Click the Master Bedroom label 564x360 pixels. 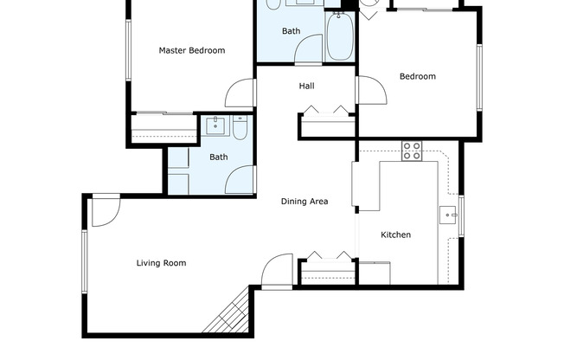(x=191, y=51)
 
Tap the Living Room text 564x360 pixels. (x=161, y=263)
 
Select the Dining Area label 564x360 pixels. (x=304, y=202)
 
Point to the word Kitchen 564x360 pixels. (x=396, y=235)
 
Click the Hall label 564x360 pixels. (x=306, y=87)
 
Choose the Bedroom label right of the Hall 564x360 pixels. (x=417, y=77)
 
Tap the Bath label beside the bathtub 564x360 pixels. (x=291, y=32)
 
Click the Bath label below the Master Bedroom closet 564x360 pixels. (x=218, y=157)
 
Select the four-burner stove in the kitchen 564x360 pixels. (x=412, y=151)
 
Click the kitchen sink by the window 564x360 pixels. (x=449, y=214)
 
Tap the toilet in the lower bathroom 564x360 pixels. (x=240, y=129)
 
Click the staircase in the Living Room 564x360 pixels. (x=228, y=313)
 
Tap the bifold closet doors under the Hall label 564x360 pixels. (x=326, y=110)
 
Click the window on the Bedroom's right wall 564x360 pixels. (x=478, y=77)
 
